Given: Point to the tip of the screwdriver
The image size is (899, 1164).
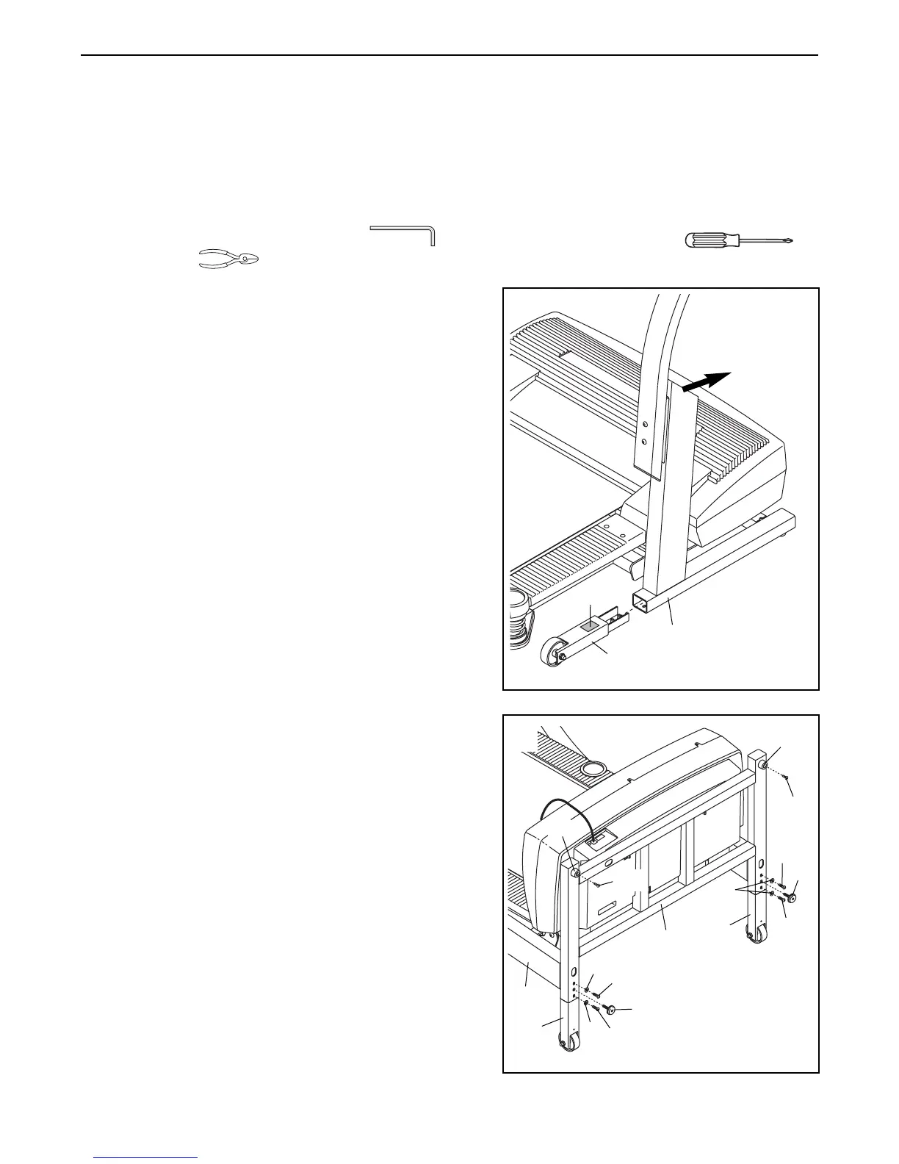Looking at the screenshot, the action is [792, 240].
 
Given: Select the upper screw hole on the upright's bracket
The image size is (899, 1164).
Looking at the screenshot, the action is [645, 425].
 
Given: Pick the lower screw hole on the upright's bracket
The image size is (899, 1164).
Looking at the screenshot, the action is [645, 442].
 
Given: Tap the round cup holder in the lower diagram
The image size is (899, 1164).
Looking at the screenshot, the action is [593, 769].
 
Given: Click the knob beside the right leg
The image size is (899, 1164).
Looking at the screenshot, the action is [793, 897].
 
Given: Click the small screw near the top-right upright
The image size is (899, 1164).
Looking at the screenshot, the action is [784, 776].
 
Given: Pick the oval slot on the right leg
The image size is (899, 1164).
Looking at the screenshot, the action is [762, 865].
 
